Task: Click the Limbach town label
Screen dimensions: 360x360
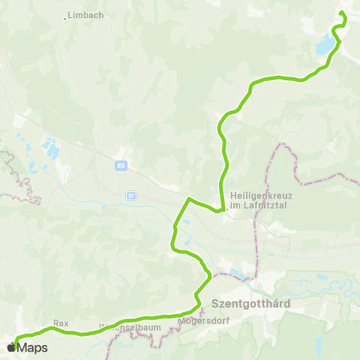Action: pyautogui.click(x=85, y=14)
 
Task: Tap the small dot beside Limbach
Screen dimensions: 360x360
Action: pyautogui.click(x=66, y=18)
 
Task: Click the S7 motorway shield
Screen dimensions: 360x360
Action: pyautogui.click(x=130, y=194)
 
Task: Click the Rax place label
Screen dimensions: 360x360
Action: pyautogui.click(x=61, y=323)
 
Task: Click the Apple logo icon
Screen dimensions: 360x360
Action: pyautogui.click(x=10, y=347)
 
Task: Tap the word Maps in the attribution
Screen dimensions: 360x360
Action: pyautogui.click(x=32, y=347)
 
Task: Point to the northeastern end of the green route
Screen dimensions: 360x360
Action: pyautogui.click(x=341, y=13)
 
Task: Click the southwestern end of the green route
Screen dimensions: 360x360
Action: pyautogui.click(x=15, y=345)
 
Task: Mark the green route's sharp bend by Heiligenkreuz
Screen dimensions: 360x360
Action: pyautogui.click(x=222, y=211)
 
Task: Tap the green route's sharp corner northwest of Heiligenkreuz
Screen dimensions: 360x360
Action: pyautogui.click(x=188, y=199)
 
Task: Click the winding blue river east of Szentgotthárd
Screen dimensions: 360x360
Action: pyautogui.click(x=315, y=289)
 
